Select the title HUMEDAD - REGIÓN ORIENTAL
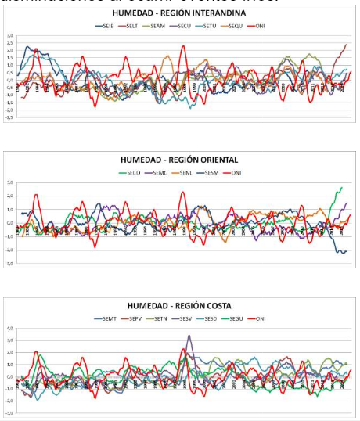(x=181, y=160)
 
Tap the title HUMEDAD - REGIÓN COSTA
(x=181, y=304)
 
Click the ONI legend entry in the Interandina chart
(x=258, y=26)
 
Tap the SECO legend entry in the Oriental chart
(x=131, y=171)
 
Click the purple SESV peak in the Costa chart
(x=189, y=336)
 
